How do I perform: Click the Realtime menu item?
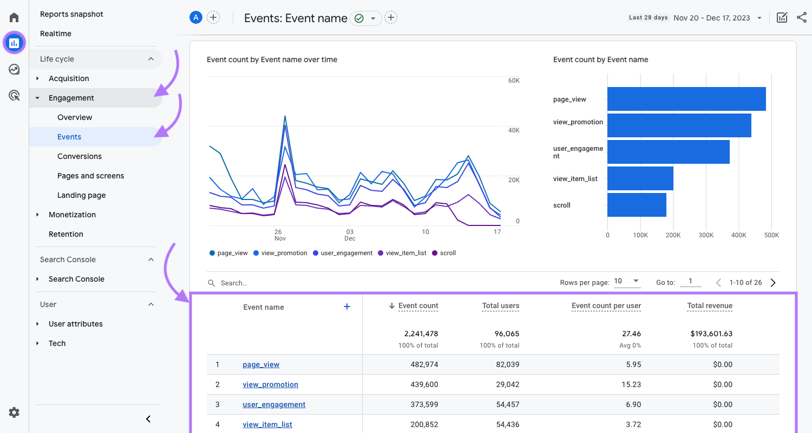56,34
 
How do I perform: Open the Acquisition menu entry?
69,78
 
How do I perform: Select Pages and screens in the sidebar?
90,176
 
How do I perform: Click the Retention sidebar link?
66,234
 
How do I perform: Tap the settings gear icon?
14,412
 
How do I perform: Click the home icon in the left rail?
14,17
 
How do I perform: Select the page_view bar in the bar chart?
686,99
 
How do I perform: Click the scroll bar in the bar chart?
637,205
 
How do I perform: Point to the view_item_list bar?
640,178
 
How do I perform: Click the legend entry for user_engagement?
346,253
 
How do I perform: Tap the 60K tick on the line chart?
513,81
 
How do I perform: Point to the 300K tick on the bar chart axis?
706,235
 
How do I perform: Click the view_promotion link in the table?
270,384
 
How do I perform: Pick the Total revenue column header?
709,305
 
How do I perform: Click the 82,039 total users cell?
507,364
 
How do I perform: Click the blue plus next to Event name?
347,307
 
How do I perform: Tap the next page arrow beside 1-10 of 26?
773,282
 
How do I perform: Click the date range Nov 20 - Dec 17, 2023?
711,18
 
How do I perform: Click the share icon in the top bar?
802,17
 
